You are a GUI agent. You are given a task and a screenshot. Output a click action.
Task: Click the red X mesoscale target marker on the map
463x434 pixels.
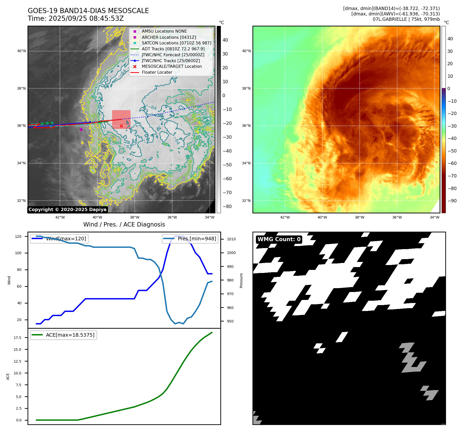pos(121,126)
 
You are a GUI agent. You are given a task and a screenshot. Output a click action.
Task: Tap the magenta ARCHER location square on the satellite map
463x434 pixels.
pos(81,129)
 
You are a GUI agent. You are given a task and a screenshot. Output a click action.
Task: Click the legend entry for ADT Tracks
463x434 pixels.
pos(173,49)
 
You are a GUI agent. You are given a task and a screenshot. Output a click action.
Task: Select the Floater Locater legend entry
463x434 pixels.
pos(157,72)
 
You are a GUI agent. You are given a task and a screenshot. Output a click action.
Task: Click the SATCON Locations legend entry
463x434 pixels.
pos(176,43)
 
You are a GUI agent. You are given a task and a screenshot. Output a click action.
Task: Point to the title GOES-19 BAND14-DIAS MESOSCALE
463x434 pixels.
pos(88,11)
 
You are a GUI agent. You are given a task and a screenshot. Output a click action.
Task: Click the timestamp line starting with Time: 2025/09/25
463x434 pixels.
pos(76,18)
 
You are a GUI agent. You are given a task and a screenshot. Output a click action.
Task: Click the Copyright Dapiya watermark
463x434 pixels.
pos(67,210)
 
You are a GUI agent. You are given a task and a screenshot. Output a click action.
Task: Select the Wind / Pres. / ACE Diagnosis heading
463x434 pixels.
pos(124,224)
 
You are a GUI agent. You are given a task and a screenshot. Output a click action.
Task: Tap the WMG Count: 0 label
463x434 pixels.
pos(279,239)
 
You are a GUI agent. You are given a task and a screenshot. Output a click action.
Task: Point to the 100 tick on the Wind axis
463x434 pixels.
pos(18,253)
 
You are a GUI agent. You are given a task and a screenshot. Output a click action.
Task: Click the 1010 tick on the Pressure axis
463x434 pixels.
pos(231,239)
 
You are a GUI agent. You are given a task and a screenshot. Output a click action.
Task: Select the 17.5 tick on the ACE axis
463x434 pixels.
pos(17,338)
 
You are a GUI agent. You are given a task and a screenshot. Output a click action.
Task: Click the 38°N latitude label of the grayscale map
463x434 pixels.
pos(21,88)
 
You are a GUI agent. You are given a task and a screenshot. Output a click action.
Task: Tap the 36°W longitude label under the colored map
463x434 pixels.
pos(397,217)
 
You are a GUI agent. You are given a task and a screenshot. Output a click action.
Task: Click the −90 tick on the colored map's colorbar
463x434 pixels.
pos(452,201)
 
